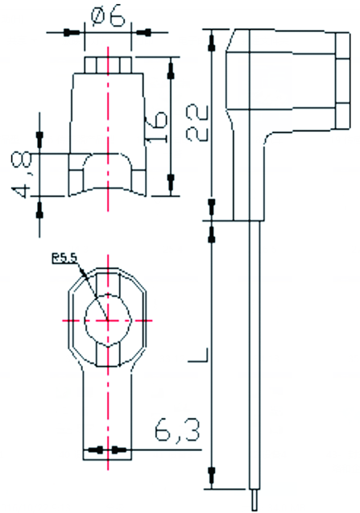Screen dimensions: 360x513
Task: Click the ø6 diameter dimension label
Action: click(108, 16)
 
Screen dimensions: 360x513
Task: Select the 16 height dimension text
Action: click(156, 127)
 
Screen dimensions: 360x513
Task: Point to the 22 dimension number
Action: click(197, 122)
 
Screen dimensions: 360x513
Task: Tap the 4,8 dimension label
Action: click(22, 175)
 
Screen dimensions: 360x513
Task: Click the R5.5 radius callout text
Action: click(64, 259)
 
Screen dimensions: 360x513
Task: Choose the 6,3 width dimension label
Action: click(176, 429)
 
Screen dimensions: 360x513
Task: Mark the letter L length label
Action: click(198, 355)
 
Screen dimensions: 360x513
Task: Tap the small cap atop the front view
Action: click(108, 64)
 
